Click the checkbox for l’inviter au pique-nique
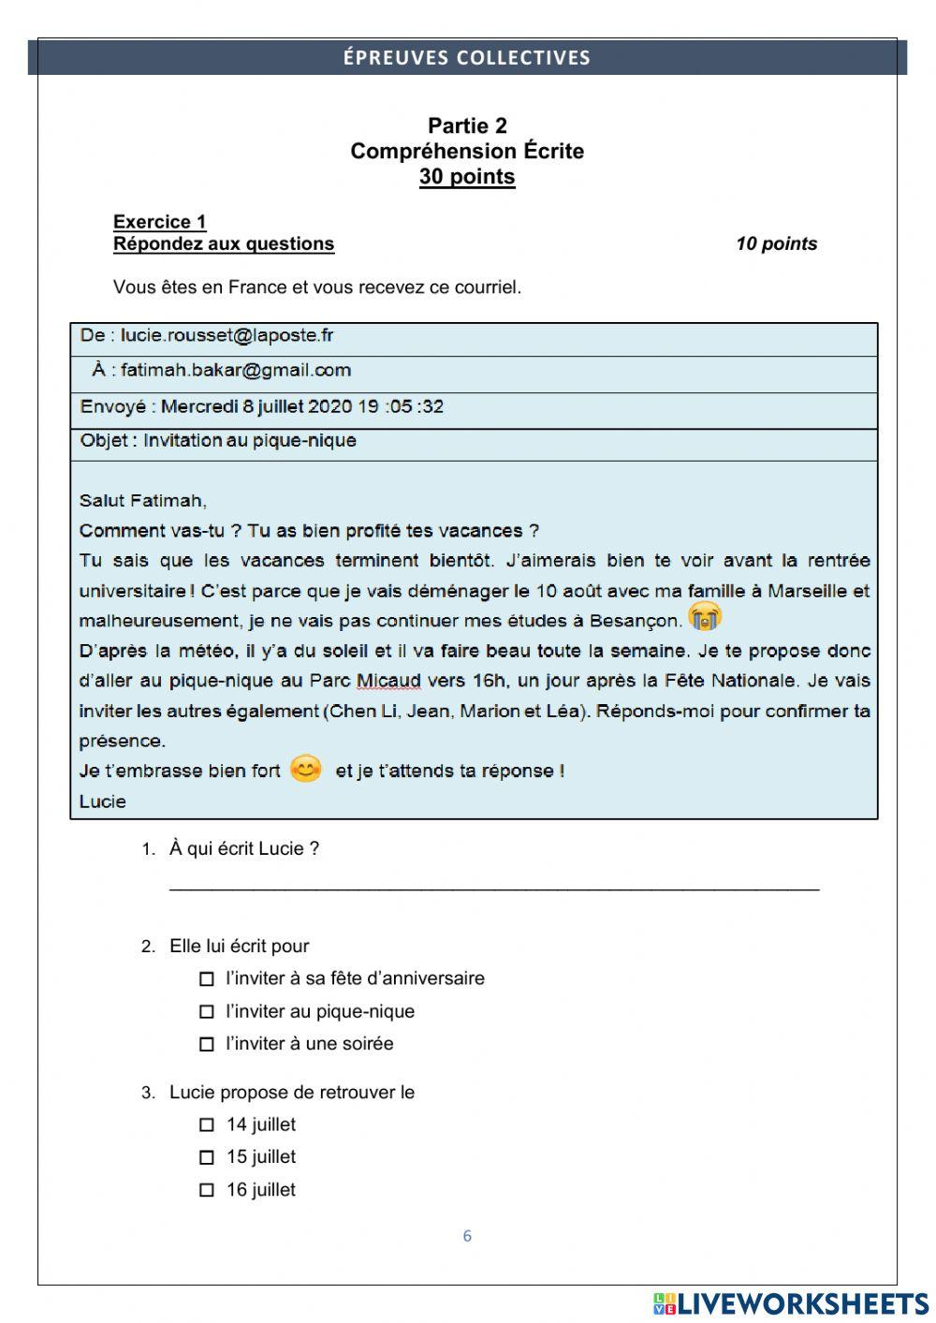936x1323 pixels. [207, 1011]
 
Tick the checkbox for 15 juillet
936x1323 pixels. [207, 1157]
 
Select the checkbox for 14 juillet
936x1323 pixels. [207, 1125]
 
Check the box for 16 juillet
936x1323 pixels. [207, 1190]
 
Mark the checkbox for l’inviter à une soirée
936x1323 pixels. [207, 1044]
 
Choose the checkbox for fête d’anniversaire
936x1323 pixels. [207, 978]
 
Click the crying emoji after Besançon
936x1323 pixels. [705, 617]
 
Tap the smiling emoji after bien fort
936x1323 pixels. [306, 769]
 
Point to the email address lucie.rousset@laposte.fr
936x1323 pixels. [227, 335]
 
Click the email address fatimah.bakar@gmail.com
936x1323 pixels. [235, 370]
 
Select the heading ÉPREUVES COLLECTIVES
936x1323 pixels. [466, 58]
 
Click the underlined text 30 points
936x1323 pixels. [467, 176]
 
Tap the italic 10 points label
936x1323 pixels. [776, 243]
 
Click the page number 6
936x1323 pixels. [467, 1236]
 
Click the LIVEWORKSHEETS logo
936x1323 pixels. [791, 1302]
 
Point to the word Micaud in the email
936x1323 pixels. [388, 681]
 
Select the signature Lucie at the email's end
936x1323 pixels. [103, 801]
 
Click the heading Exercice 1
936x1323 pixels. [159, 222]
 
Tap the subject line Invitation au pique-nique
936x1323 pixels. [249, 440]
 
